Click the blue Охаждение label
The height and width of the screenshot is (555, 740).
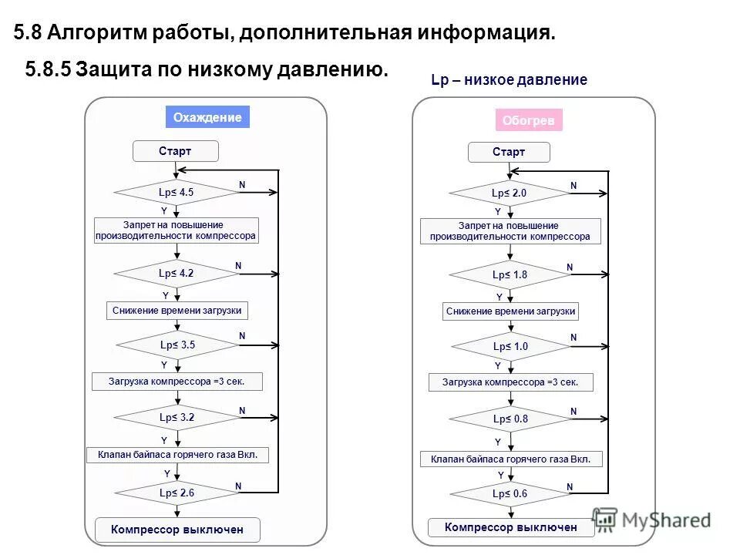click(x=207, y=117)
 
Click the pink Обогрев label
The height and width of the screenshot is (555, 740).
click(x=528, y=120)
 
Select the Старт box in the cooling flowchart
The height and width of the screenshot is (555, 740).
click(x=175, y=151)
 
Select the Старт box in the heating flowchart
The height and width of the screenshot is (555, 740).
click(x=509, y=152)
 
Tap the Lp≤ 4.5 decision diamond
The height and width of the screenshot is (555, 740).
click(x=177, y=192)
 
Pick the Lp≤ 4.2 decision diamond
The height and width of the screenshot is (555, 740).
click(x=177, y=273)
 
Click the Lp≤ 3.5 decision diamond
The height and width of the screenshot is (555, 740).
click(x=177, y=345)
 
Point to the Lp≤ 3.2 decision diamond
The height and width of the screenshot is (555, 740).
click(x=177, y=417)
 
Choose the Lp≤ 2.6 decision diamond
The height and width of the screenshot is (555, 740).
click(x=177, y=492)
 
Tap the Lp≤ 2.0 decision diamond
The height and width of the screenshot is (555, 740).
click(x=509, y=193)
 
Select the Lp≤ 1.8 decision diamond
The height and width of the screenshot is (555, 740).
click(x=510, y=274)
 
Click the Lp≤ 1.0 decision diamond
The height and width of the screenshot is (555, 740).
click(x=510, y=347)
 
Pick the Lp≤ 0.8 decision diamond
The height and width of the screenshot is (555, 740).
click(x=510, y=419)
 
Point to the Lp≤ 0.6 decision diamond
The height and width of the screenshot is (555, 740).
click(x=510, y=494)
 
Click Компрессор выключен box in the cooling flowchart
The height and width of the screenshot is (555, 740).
click(x=177, y=530)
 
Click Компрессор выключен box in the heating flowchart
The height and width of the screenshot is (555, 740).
click(x=511, y=527)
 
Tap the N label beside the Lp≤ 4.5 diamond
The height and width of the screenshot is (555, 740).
click(x=241, y=185)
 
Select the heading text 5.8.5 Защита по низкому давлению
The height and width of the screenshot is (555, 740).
click(x=207, y=69)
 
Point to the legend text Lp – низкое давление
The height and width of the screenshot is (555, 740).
click(x=509, y=80)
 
